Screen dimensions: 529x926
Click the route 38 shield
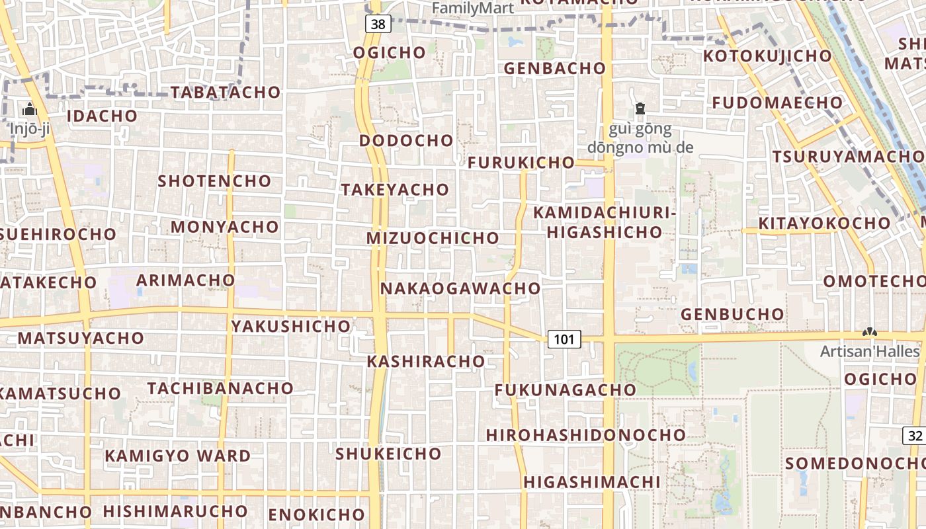coord(378,24)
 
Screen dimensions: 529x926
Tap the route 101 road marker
coord(564,339)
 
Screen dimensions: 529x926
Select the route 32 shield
coord(915,436)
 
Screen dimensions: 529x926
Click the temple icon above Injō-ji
coord(29,110)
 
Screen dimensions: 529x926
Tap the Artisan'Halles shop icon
coord(869,332)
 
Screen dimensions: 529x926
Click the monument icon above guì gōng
coord(640,108)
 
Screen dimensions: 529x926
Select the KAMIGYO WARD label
coord(178,456)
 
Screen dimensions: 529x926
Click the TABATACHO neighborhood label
coord(226,92)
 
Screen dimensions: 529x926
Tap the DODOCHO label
coord(406,140)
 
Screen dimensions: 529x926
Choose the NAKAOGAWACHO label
coord(460,288)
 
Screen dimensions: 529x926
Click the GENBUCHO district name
coord(732,314)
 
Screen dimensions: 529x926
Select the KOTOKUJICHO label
coord(767,56)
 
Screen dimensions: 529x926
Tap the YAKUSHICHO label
coord(291,326)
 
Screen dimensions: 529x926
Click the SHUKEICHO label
coord(388,454)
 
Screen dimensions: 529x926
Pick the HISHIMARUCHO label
coord(175,511)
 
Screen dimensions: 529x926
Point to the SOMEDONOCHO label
coord(853,463)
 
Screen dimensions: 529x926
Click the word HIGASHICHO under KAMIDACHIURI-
coord(605,231)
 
